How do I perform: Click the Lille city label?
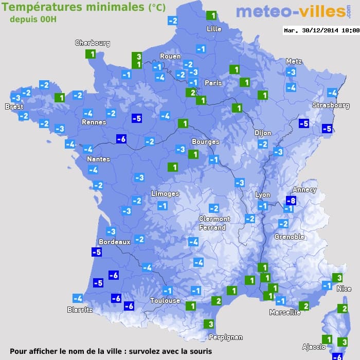click(214, 29)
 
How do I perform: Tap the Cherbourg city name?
click(93, 43)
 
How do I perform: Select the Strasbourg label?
click(331, 105)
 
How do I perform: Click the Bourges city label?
click(205, 141)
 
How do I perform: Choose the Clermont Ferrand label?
click(214, 223)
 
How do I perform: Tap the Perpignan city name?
click(225, 337)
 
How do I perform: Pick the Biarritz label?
click(80, 310)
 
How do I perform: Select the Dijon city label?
click(262, 133)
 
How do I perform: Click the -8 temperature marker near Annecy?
click(291, 201)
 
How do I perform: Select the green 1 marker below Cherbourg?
click(91, 55)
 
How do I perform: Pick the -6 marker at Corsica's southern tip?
click(337, 356)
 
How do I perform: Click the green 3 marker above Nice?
click(337, 278)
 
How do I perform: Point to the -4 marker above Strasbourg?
click(332, 93)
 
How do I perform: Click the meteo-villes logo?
click(290, 12)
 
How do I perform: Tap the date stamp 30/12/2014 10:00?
click(321, 30)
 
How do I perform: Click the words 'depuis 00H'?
click(32, 19)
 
